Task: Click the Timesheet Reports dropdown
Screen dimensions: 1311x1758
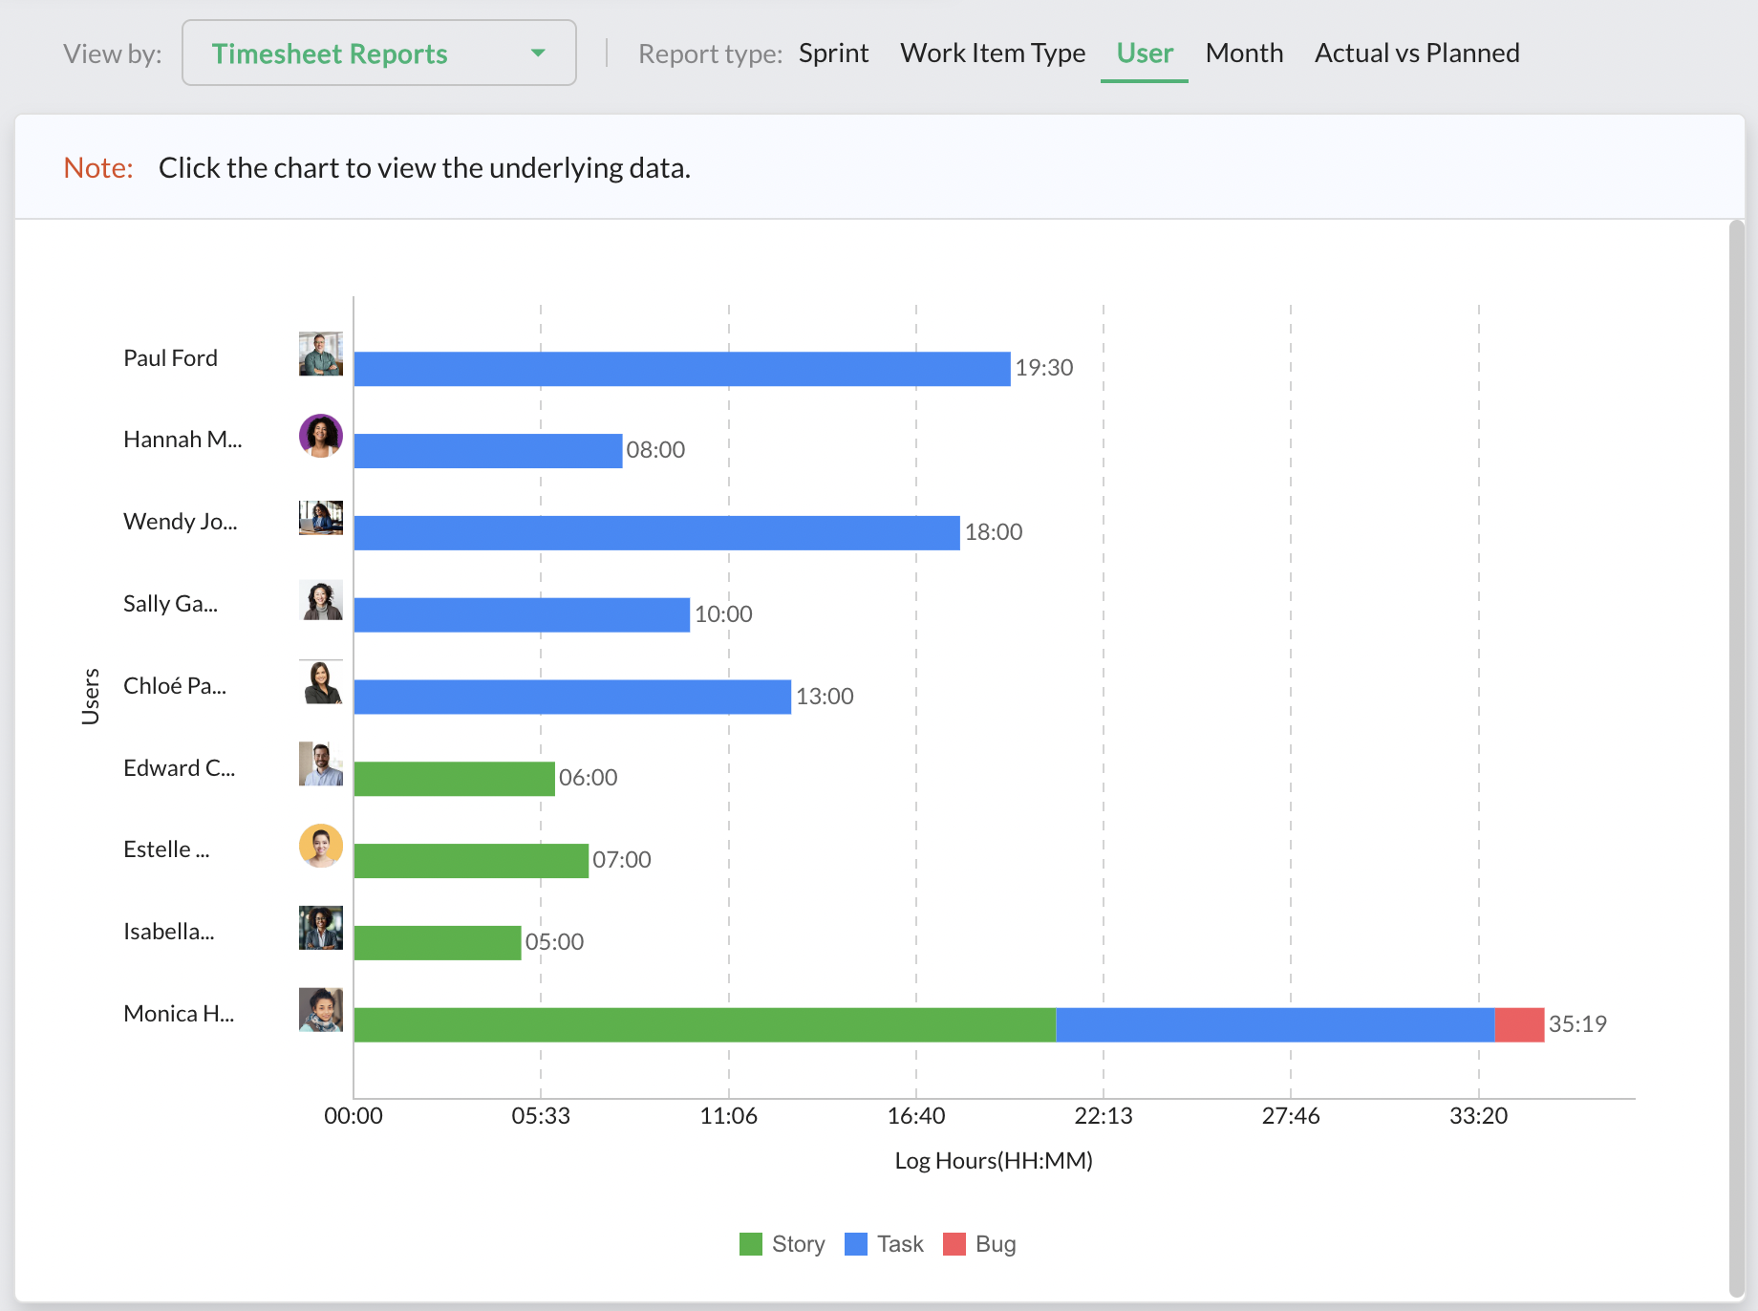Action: click(x=378, y=54)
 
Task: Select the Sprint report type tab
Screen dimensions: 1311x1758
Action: click(x=833, y=54)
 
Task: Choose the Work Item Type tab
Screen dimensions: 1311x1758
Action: click(x=992, y=54)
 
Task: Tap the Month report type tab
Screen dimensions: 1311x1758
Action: click(x=1243, y=54)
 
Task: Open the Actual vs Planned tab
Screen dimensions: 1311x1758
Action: click(x=1416, y=54)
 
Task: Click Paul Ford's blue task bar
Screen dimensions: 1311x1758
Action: click(x=681, y=369)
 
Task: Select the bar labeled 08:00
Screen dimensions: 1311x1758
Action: click(x=487, y=451)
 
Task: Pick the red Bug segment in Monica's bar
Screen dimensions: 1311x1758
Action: click(x=1518, y=1024)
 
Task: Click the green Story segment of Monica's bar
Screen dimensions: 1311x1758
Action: click(x=704, y=1024)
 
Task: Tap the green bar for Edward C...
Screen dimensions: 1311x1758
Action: click(x=454, y=779)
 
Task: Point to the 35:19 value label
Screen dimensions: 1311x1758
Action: click(x=1576, y=1024)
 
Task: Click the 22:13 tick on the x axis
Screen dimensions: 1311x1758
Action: click(x=1103, y=1116)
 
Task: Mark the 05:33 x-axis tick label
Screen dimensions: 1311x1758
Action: click(x=541, y=1116)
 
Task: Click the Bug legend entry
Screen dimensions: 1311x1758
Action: click(x=979, y=1244)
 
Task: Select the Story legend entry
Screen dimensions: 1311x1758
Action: click(x=783, y=1244)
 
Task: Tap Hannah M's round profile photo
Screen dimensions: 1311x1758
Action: click(x=321, y=437)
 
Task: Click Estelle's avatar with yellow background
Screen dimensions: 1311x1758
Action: click(x=321, y=847)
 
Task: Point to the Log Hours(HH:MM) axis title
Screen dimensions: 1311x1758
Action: click(x=993, y=1161)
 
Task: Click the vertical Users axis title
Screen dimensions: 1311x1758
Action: click(x=91, y=696)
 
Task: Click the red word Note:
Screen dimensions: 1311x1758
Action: click(x=98, y=168)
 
